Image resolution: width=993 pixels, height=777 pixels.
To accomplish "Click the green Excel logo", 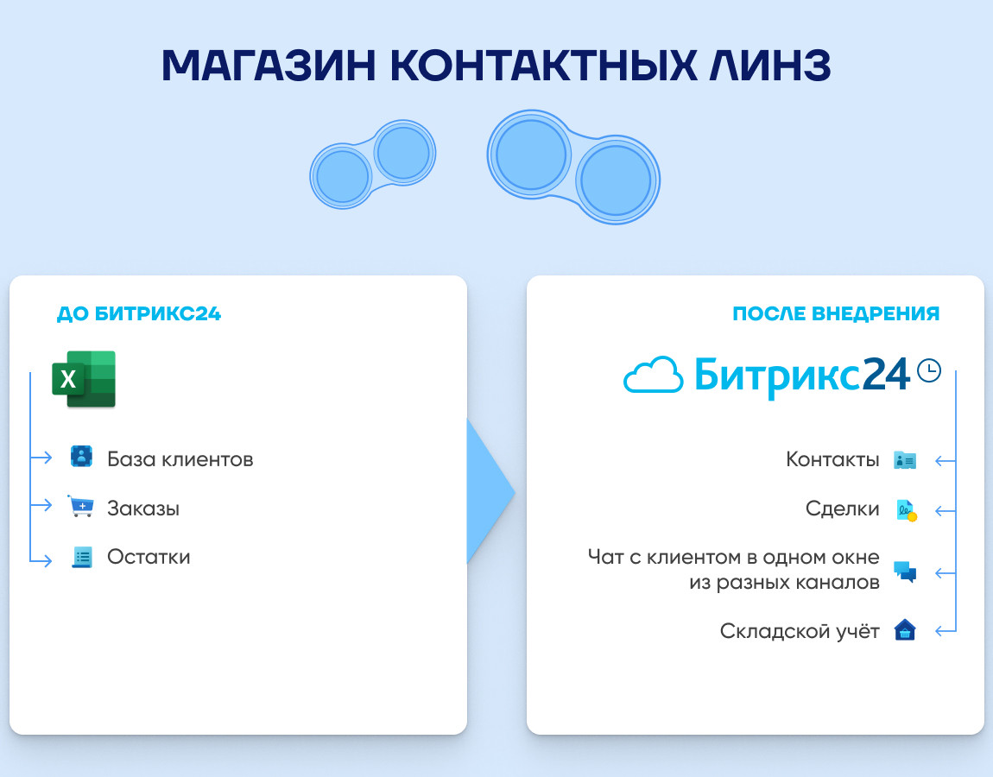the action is coord(84,379).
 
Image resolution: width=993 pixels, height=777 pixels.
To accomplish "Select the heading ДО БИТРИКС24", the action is coord(139,313).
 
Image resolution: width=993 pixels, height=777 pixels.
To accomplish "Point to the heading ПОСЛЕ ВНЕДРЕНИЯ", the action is coord(836,313).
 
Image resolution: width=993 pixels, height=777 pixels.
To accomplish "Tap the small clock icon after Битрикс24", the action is coord(929,370).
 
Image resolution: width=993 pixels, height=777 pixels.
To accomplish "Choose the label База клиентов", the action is coord(180,459).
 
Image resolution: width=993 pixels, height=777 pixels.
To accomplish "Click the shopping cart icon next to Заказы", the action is coord(81,506).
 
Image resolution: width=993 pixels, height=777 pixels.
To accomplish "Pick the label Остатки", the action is coord(149,557).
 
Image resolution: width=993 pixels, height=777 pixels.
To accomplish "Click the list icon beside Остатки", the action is coord(82,557).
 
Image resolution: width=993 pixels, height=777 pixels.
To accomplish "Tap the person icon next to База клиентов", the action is coord(82,457).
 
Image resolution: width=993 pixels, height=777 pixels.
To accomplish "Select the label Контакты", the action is coord(832,459).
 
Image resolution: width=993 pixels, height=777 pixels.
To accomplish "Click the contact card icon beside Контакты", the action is coord(905,460).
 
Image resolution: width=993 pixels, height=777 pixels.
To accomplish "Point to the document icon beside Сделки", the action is coord(907,510).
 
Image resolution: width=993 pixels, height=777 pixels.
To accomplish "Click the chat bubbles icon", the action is coord(905,572).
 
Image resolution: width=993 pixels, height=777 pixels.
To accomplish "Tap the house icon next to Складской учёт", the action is coord(905,630).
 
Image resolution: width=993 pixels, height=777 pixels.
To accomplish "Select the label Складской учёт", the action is coord(800,631).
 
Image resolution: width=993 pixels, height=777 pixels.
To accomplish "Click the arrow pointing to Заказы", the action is coord(41,505).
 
